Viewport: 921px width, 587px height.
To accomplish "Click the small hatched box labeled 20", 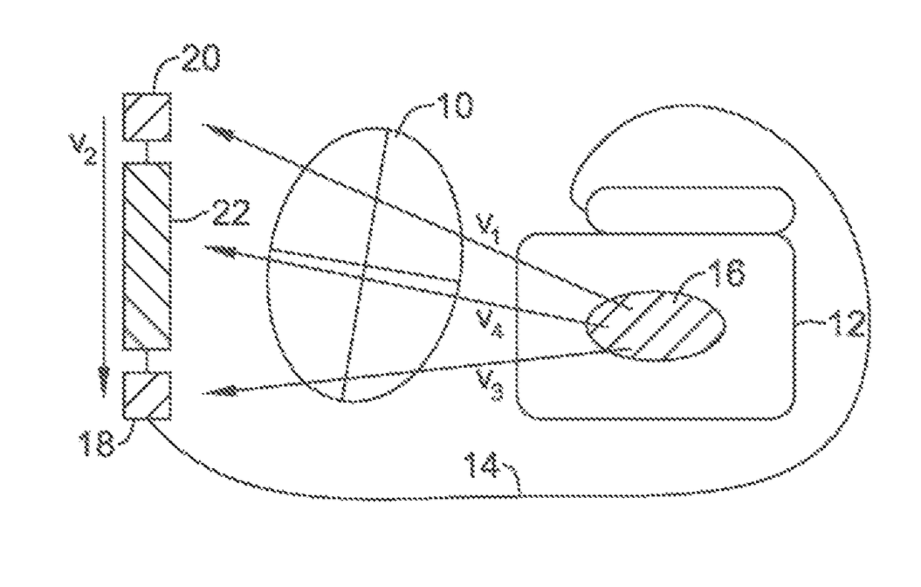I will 147,117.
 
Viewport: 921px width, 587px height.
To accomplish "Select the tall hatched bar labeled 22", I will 147,256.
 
